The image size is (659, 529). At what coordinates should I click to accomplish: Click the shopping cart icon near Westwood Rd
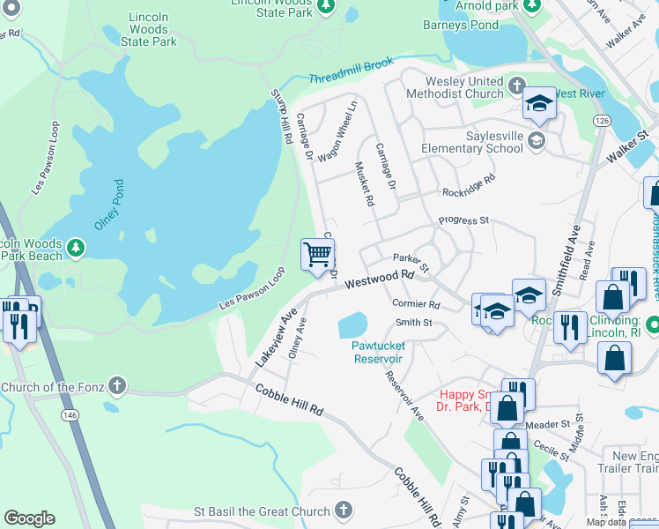(x=318, y=255)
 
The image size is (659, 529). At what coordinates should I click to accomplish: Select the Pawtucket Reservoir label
(x=378, y=353)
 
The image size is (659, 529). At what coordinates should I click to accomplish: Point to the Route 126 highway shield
(x=602, y=120)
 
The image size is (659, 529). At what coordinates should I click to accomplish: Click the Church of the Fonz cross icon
(x=116, y=386)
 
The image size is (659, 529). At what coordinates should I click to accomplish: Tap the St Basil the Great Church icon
(x=344, y=510)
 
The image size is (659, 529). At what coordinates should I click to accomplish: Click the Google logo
(x=29, y=518)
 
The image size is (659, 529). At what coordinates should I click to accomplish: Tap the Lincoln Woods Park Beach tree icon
(x=77, y=245)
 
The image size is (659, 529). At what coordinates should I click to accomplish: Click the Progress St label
(x=463, y=220)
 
